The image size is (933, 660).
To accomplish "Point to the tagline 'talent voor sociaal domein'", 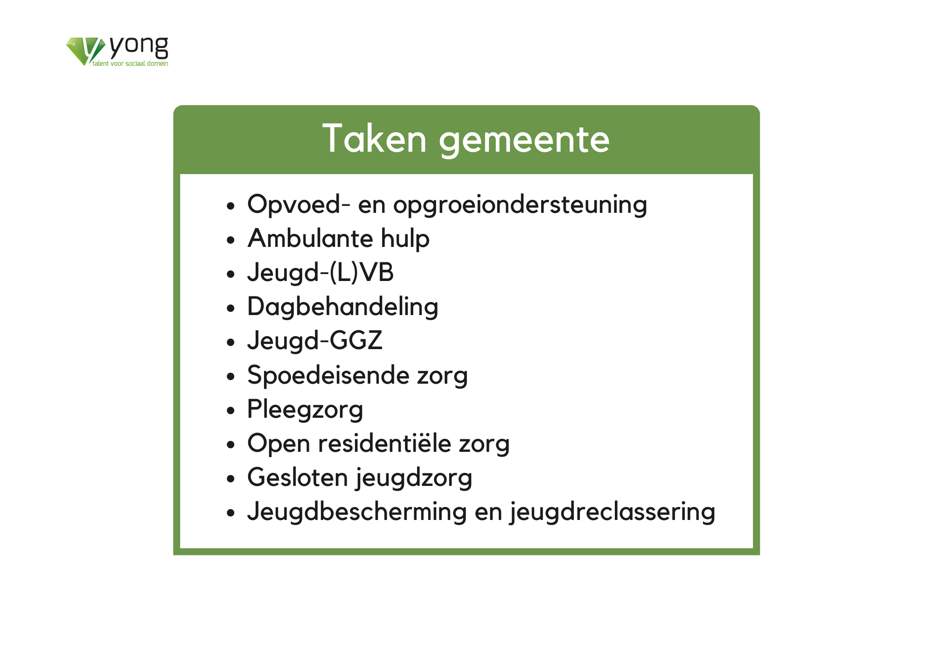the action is [x=130, y=63].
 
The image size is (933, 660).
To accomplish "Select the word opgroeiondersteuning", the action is [x=520, y=205].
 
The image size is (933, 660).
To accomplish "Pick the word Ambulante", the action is [x=310, y=239].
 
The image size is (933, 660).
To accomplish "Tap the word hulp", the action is [x=405, y=239].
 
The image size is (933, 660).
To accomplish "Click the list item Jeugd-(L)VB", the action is [x=320, y=273].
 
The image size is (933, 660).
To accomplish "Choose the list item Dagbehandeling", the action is [x=343, y=307].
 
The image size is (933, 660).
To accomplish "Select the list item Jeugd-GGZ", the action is [x=315, y=341].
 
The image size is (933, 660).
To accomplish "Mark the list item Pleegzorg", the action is [x=305, y=410].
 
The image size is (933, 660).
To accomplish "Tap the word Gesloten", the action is [x=298, y=477].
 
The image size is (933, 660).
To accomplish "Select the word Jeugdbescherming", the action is [x=357, y=512].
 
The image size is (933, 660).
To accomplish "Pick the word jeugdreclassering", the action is [x=613, y=512].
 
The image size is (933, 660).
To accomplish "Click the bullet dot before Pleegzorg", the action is [x=230, y=411].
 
